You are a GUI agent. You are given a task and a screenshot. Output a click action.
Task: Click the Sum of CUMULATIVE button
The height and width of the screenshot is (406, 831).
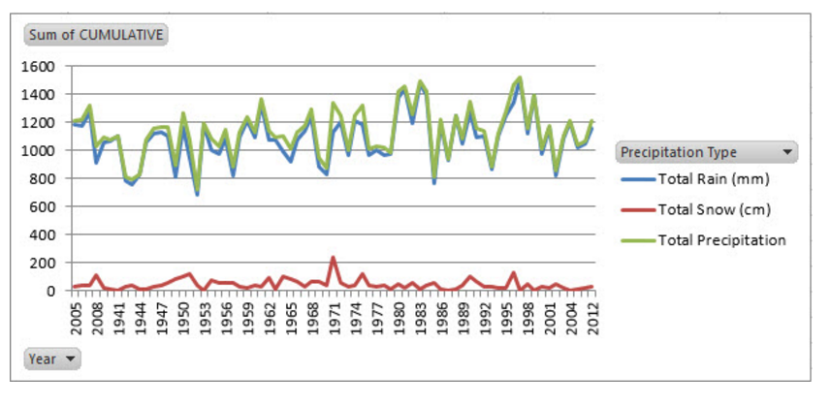pyautogui.click(x=96, y=36)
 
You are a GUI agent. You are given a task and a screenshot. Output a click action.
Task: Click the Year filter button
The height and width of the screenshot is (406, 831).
pyautogui.click(x=52, y=359)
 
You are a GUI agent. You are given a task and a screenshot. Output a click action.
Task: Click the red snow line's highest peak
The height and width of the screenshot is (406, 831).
pyautogui.click(x=333, y=258)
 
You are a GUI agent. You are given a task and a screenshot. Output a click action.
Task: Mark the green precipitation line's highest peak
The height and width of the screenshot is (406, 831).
pyautogui.click(x=520, y=78)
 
